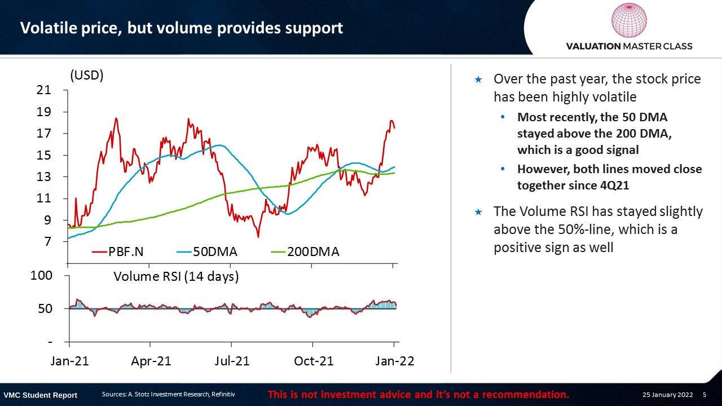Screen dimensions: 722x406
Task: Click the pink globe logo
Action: tap(629, 20)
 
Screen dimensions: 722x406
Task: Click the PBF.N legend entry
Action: tap(118, 251)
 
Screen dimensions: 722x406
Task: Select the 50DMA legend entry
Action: tap(207, 251)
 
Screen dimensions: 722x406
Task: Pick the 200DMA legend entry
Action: tap(305, 251)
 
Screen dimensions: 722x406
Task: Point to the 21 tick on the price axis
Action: tap(44, 90)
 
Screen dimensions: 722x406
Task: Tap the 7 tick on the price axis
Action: tap(48, 241)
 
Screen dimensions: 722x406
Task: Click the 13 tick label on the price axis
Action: tap(44, 176)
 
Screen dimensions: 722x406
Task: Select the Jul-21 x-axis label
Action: tap(232, 361)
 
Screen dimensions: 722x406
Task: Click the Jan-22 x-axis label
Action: tap(394, 361)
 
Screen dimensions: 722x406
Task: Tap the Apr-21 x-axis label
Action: tap(151, 361)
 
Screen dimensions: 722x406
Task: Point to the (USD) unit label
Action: tap(87, 76)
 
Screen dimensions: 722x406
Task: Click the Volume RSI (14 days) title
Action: tap(176, 276)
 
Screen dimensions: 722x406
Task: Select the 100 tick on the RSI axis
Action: tap(41, 276)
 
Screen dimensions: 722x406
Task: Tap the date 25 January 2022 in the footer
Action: tap(667, 395)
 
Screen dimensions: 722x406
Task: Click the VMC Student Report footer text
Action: tap(40, 395)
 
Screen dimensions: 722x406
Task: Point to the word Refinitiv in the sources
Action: tap(223, 394)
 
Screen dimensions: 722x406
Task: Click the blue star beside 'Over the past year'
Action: tap(478, 80)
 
